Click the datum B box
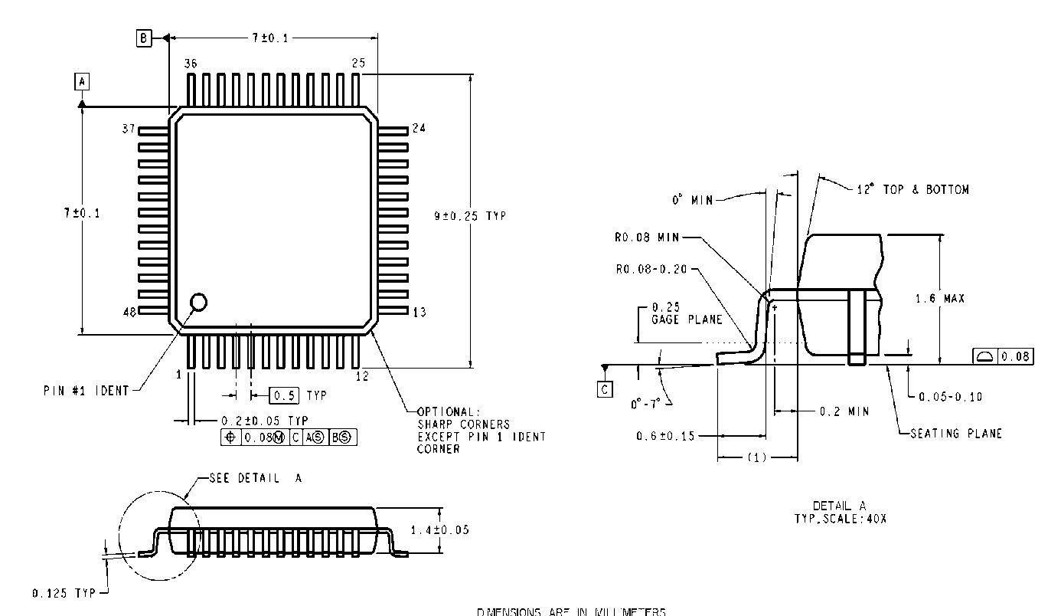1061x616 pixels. pos(144,38)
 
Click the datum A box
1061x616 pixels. pos(82,80)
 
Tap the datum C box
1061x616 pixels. pos(605,390)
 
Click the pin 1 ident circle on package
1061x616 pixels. pos(198,302)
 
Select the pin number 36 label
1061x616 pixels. pos(191,64)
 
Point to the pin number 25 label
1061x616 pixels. pos(358,64)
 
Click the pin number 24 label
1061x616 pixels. pos(419,128)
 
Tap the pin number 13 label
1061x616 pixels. pos(419,312)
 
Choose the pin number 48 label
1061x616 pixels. pos(129,312)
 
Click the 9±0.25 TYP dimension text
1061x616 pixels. pos(470,216)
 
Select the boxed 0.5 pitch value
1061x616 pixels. pos(284,395)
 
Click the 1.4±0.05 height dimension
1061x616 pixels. pos(440,529)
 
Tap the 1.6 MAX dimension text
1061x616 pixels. pos(940,299)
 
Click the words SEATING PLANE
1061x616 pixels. pos(956,434)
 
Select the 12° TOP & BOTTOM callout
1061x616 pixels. pos(912,189)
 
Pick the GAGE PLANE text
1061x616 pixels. pos(687,319)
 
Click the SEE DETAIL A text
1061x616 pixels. pos(256,478)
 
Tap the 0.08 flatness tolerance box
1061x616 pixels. pos(1002,356)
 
